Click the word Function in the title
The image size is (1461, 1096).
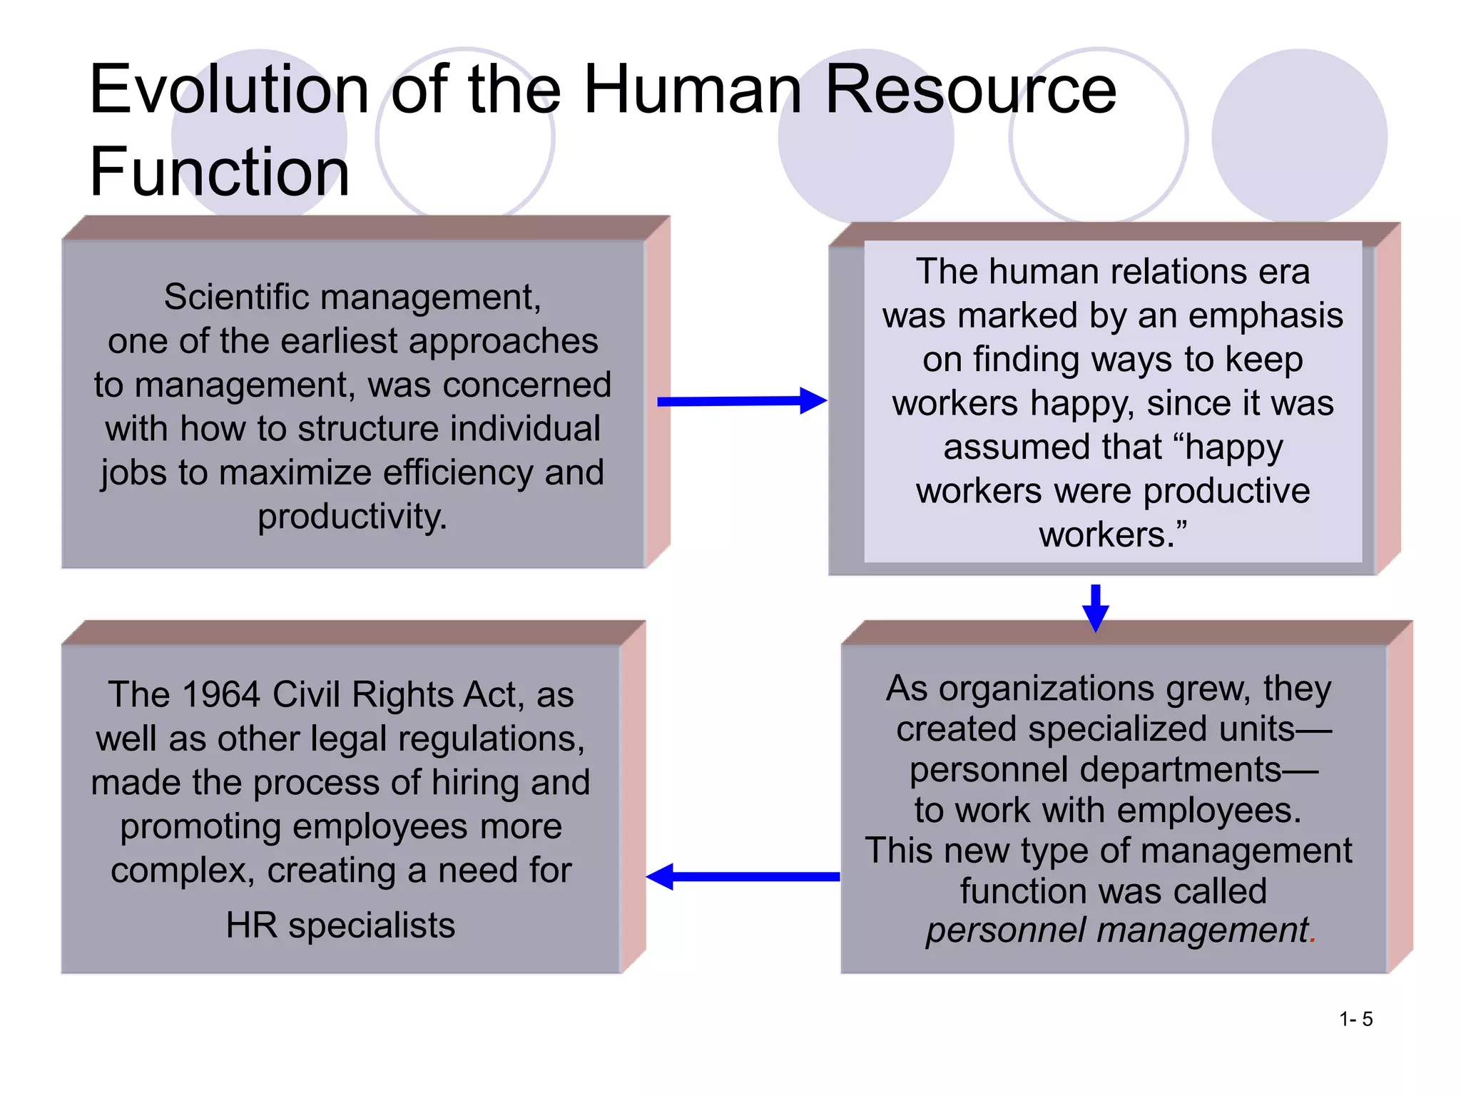(x=220, y=172)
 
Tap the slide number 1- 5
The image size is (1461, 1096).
(x=1355, y=1019)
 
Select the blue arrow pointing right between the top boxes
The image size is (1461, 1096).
(x=741, y=401)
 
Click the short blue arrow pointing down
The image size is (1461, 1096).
(x=1095, y=607)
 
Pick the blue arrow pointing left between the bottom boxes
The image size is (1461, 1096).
(x=743, y=876)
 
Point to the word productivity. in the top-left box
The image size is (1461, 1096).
(x=352, y=517)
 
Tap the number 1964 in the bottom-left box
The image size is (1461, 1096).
(x=220, y=695)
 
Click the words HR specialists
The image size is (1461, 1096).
(x=340, y=925)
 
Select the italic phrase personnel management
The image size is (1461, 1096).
(x=1116, y=930)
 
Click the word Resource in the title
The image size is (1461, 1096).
(x=970, y=90)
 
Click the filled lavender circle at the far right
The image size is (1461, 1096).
(x=1299, y=136)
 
